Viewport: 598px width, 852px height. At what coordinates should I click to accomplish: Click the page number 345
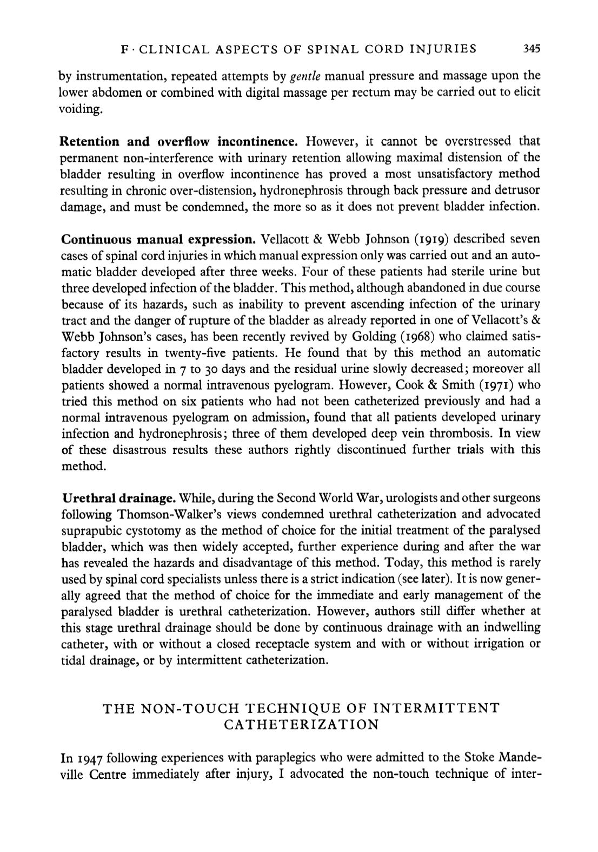532,49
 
